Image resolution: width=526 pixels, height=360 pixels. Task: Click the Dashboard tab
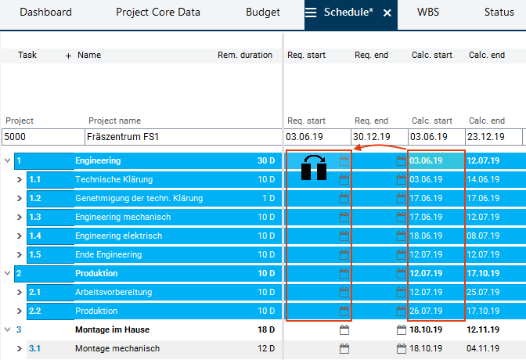point(45,13)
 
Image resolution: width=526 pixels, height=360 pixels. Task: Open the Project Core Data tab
point(158,13)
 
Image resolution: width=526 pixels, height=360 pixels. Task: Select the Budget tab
point(262,13)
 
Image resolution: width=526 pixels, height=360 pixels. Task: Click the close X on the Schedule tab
point(387,13)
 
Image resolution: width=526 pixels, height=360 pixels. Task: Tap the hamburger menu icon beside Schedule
point(312,13)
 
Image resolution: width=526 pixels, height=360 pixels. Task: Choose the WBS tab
point(428,13)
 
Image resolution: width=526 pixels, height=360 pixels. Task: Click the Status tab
point(499,13)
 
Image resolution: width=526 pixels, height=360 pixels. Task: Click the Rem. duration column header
point(245,56)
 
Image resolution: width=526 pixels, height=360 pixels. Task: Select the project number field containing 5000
point(42,137)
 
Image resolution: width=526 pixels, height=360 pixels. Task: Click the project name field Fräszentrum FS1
point(182,137)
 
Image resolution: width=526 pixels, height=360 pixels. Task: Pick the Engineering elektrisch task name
point(118,236)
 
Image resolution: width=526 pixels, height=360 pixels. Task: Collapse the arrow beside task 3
point(8,330)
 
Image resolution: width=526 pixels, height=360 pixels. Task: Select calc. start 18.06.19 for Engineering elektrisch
point(426,236)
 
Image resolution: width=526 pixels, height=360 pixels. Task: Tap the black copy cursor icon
point(314,168)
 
